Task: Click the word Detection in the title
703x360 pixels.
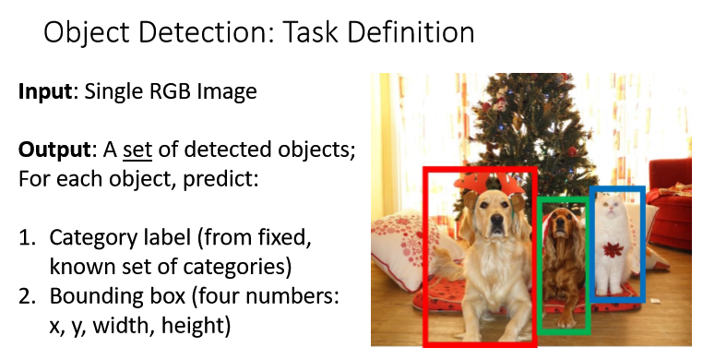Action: click(x=207, y=32)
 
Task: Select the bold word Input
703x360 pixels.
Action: click(x=45, y=92)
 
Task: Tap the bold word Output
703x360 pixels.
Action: click(x=54, y=150)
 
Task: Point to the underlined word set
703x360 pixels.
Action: click(x=137, y=150)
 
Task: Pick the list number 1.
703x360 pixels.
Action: click(x=27, y=237)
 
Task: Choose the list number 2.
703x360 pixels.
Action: click(x=27, y=296)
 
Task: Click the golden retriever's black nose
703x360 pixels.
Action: click(x=496, y=220)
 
